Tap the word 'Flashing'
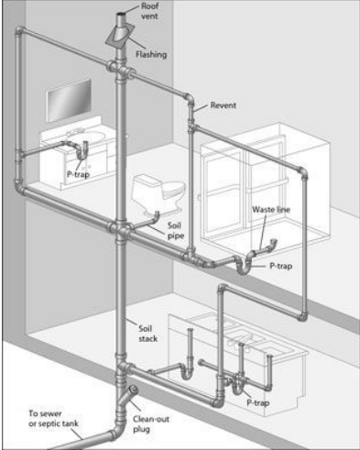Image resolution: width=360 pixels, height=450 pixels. pos(151,54)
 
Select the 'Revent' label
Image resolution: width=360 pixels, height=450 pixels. pos(224,105)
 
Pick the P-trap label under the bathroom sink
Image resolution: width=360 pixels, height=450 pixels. pos(79,172)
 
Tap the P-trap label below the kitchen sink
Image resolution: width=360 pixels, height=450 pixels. pos(259,401)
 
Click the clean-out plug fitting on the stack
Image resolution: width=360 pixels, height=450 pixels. pos(134,390)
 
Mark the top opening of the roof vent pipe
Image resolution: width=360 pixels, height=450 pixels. pos(122,16)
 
